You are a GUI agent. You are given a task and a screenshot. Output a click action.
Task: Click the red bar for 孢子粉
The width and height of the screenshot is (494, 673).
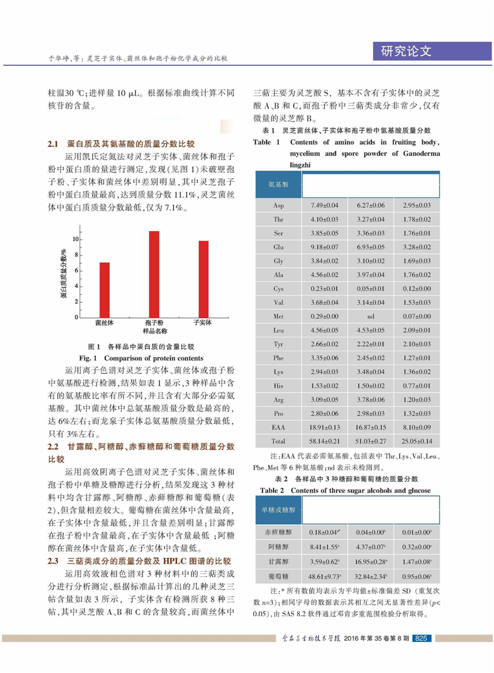pyautogui.click(x=154, y=274)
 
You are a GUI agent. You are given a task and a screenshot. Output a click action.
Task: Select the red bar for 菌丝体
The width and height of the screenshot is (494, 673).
pyautogui.click(x=105, y=289)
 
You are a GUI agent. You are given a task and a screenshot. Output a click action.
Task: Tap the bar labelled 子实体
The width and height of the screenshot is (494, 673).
pyautogui.click(x=203, y=279)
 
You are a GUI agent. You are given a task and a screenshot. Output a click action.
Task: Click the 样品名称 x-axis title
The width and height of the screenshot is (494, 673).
pyautogui.click(x=154, y=331)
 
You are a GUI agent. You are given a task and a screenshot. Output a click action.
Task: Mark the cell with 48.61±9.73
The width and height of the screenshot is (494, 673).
pyautogui.click(x=325, y=575)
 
